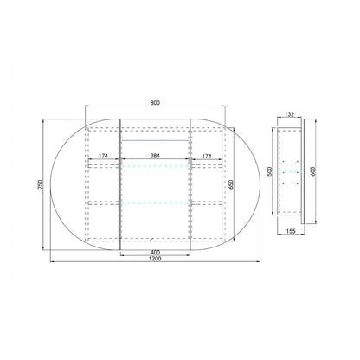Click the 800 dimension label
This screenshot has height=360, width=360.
[x=155, y=102]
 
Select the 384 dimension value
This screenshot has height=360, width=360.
[x=155, y=156]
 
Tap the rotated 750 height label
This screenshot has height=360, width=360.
[x=40, y=184]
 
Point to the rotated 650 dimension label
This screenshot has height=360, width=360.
[x=230, y=184]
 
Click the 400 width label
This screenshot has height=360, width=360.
[x=155, y=252]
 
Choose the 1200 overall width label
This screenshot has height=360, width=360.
[x=155, y=259]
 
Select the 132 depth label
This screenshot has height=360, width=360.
[x=289, y=114]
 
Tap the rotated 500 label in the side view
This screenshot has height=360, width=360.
[x=270, y=171]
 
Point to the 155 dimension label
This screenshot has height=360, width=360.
[x=292, y=231]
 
